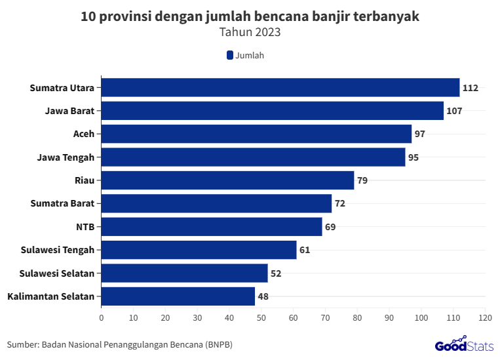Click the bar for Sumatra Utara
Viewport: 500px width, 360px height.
tap(280, 87)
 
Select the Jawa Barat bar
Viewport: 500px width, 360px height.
tap(273, 111)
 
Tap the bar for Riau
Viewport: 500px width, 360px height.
tap(227, 180)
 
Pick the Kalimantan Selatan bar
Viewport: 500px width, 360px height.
tap(178, 296)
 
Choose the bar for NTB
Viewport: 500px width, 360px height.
tap(212, 227)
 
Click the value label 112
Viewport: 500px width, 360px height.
tap(471, 88)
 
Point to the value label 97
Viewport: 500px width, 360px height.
tap(420, 134)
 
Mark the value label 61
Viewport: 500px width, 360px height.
tap(305, 250)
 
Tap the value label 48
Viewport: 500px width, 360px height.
tap(263, 296)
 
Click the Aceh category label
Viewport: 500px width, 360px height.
tap(84, 134)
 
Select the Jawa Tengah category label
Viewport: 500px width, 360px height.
tap(66, 157)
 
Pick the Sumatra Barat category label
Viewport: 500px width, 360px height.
tap(62, 203)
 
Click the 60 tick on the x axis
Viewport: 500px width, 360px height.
tap(293, 318)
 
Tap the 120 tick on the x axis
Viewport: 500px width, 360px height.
tap(485, 318)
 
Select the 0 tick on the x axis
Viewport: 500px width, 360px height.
tap(102, 318)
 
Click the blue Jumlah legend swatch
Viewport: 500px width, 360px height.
tap(230, 56)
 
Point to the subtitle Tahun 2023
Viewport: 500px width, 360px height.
tap(250, 31)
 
